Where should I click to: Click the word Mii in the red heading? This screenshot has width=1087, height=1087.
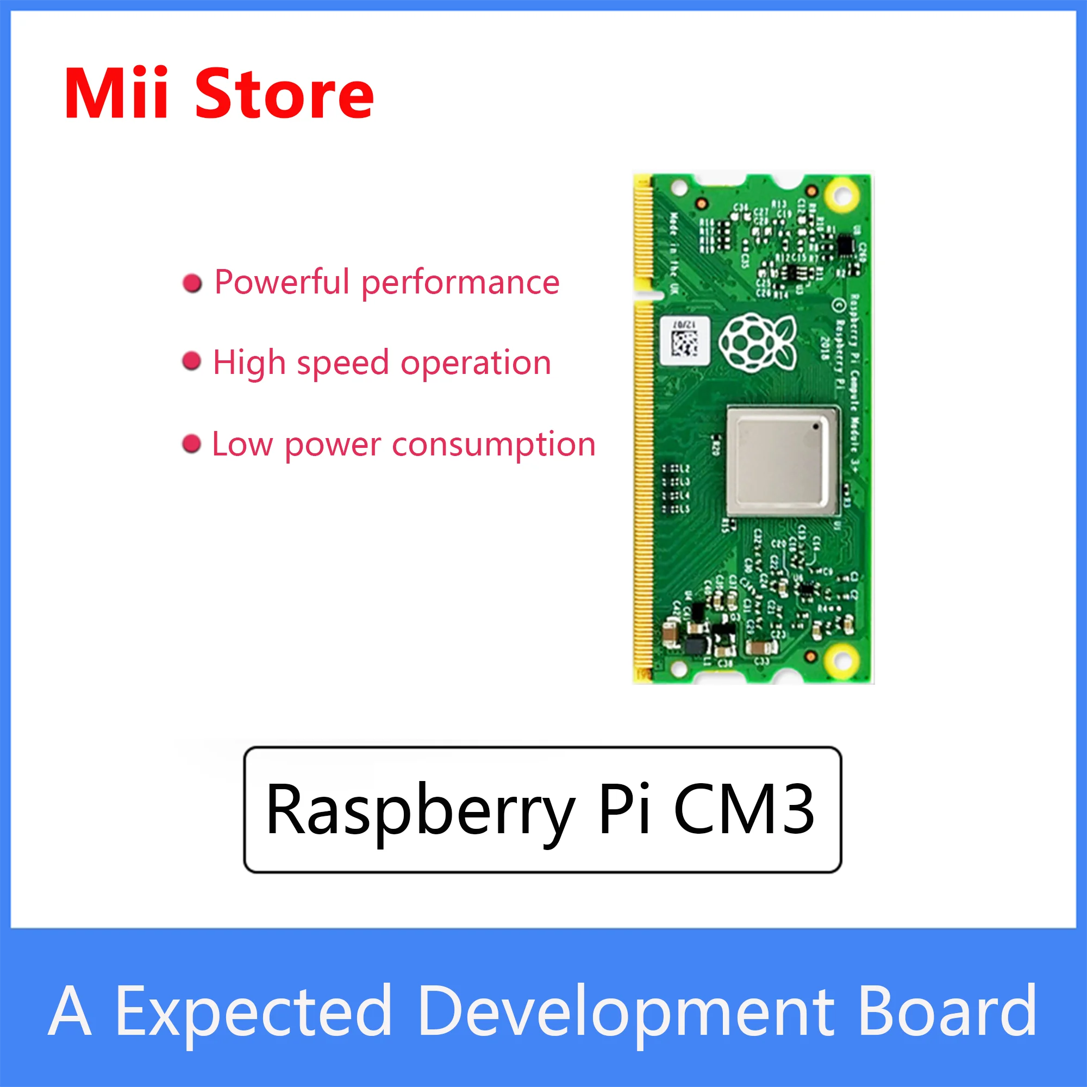(116, 93)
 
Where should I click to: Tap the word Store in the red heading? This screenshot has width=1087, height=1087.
(284, 95)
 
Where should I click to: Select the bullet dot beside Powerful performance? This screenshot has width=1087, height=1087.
(192, 283)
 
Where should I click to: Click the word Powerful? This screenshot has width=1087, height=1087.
(282, 282)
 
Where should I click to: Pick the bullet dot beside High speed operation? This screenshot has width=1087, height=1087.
(192, 361)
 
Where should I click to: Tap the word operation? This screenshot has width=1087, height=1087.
(476, 363)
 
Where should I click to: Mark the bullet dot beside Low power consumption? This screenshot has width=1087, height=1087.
(192, 443)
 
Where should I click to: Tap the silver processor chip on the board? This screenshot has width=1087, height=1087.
(782, 461)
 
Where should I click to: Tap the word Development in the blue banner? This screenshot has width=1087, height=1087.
(626, 1011)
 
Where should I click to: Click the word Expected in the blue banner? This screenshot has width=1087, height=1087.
(254, 1011)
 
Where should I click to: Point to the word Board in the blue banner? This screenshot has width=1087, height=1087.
(947, 1010)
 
